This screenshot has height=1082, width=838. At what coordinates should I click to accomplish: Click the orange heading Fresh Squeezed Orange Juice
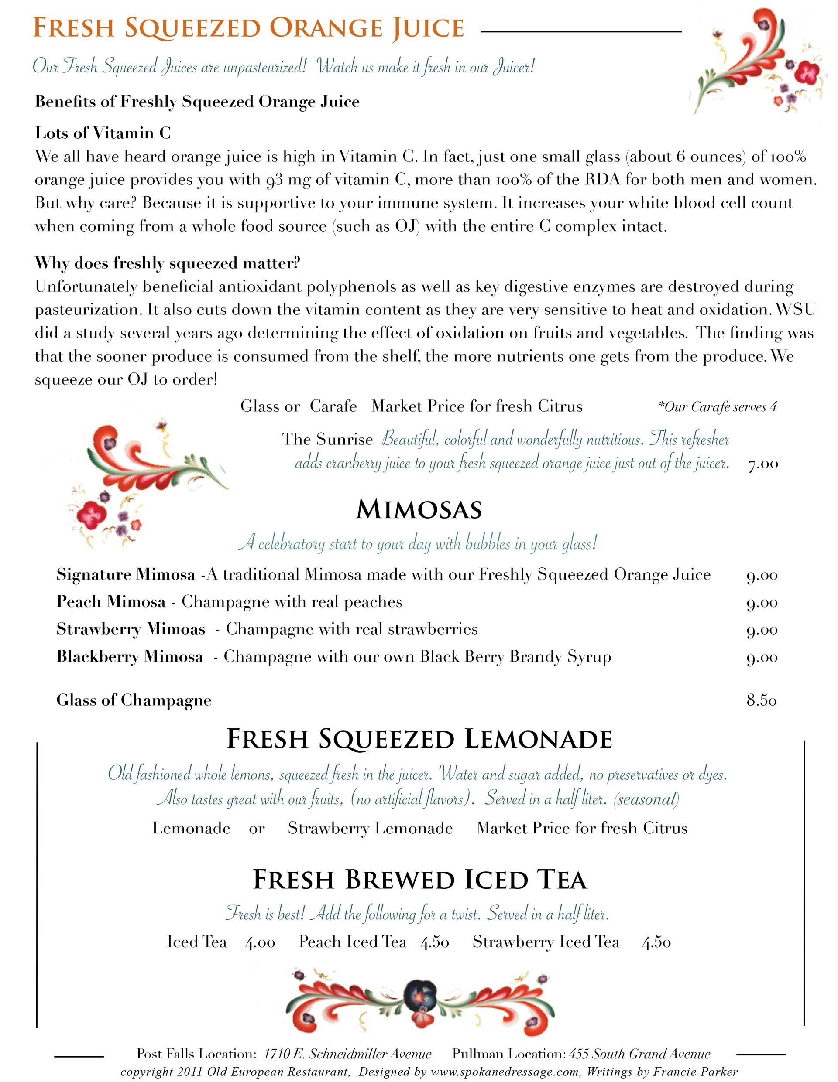[x=248, y=28]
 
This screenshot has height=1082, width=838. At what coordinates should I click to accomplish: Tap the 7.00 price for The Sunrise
[x=762, y=464]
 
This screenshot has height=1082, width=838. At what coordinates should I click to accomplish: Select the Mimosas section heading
[x=419, y=509]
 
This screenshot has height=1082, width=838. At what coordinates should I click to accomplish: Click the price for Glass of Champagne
[x=761, y=700]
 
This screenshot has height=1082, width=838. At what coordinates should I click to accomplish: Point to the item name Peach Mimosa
[x=111, y=601]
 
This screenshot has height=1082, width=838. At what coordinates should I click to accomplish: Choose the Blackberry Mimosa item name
[x=130, y=656]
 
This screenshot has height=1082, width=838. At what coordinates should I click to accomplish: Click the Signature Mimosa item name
[x=126, y=574]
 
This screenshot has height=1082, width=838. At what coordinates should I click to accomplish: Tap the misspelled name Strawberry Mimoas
[x=131, y=629]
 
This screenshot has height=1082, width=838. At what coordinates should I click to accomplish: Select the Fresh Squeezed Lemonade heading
[x=419, y=739]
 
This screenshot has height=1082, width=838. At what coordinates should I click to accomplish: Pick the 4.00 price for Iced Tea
[x=260, y=942]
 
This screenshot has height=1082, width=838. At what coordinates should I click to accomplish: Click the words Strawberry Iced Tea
[x=546, y=942]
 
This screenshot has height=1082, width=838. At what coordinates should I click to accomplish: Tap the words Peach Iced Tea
[x=352, y=942]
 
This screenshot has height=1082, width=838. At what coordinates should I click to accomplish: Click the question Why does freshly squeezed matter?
[x=168, y=263]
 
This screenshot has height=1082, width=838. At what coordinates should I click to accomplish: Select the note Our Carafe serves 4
[x=717, y=407]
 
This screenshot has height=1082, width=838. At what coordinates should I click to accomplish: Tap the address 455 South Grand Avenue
[x=640, y=1054]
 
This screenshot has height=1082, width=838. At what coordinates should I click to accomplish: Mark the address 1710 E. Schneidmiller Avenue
[x=347, y=1054]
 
